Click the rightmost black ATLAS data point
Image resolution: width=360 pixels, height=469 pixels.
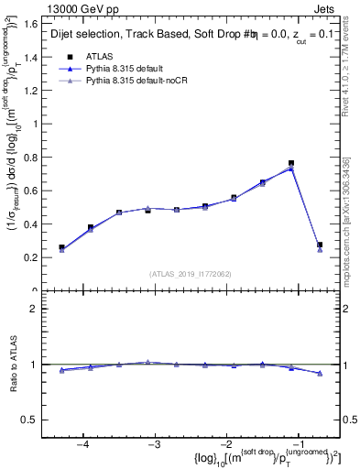tap(319, 245)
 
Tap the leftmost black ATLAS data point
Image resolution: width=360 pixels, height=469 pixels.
tap(61, 247)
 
